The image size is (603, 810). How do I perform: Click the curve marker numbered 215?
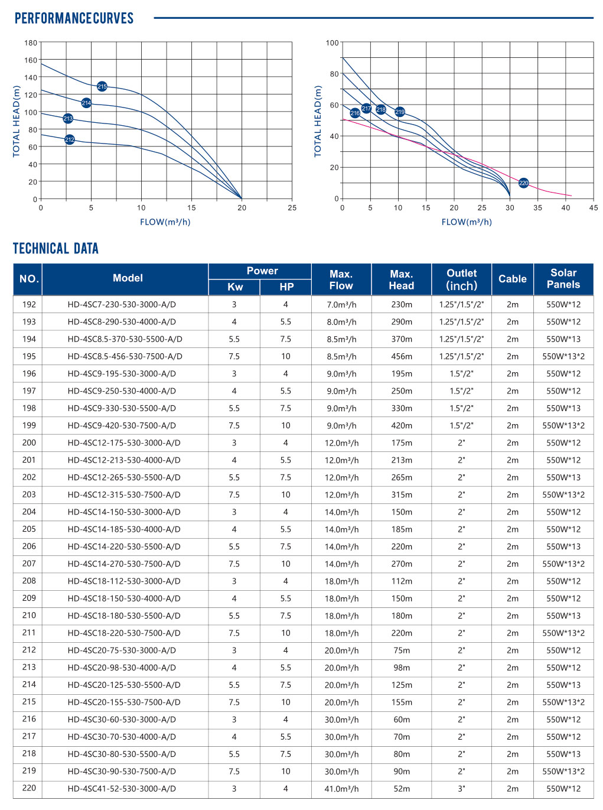102,86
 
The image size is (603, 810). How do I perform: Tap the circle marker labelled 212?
70,139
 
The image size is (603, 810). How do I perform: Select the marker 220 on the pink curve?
524,183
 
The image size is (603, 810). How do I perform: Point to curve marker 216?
355,113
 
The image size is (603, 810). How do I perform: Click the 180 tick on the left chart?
31,43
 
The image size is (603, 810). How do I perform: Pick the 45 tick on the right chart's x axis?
593,208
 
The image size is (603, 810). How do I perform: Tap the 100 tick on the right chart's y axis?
333,43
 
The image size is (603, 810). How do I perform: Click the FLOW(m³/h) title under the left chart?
165,222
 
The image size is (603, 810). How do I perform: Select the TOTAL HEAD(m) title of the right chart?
318,121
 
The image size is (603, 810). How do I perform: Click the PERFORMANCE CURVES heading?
74,18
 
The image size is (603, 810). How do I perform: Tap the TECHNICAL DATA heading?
56,249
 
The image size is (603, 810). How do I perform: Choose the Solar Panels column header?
563,279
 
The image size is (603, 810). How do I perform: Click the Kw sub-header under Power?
234,287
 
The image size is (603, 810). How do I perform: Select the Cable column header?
512,279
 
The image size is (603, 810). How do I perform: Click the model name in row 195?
125,356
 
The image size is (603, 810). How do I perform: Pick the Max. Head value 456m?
402,356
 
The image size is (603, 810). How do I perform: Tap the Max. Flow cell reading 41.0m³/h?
341,789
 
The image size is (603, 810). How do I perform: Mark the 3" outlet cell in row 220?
461,789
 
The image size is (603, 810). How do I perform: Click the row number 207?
29,564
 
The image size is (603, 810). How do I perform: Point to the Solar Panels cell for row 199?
563,425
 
